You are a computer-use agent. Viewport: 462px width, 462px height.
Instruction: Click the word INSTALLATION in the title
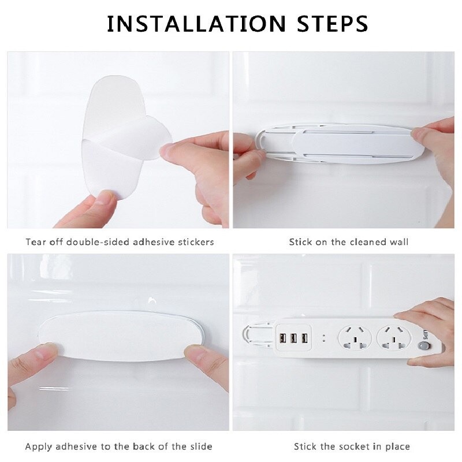click(197, 24)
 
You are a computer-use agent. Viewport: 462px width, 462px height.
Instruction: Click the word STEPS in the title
click(333, 24)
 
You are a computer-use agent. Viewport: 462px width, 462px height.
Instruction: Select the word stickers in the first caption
click(195, 242)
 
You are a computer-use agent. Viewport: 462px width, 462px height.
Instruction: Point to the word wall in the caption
click(398, 242)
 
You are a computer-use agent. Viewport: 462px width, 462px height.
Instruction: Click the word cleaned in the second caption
click(366, 242)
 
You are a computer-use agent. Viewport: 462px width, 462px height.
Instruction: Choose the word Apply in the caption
click(38, 446)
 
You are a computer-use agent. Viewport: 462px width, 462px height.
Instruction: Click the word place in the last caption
click(397, 446)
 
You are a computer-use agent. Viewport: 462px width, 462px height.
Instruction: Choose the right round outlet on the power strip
click(392, 338)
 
